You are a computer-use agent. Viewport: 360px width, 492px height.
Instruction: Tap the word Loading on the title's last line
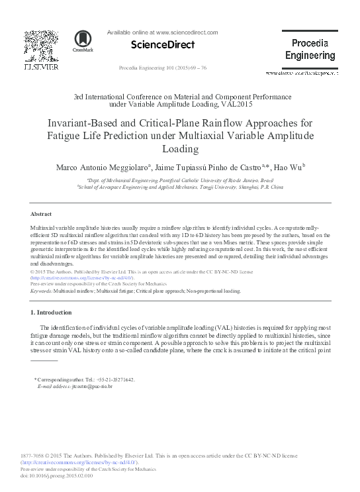click(180, 150)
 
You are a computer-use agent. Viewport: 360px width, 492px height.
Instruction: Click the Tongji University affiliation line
click(180, 187)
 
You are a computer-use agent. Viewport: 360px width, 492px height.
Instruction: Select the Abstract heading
click(42, 215)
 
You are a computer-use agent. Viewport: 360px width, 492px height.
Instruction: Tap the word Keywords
click(41, 291)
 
